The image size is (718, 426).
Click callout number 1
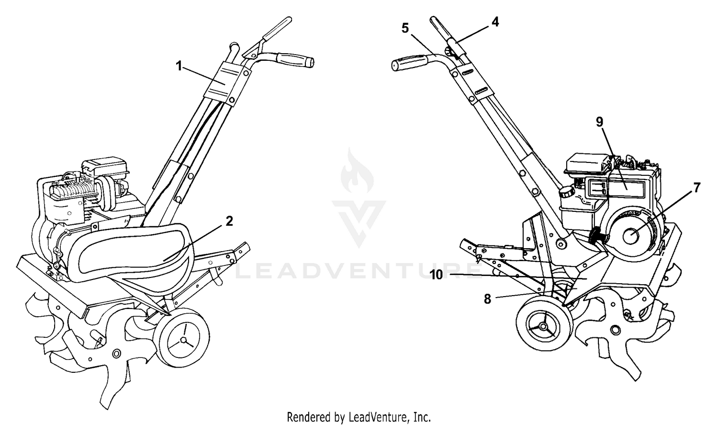[x=179, y=67]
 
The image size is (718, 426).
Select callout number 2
[x=229, y=221]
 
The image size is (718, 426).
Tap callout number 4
[x=495, y=22]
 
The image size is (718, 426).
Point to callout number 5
[x=405, y=28]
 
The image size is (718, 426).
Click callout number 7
[x=697, y=188]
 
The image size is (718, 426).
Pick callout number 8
[x=487, y=299]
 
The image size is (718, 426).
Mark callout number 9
[x=599, y=122]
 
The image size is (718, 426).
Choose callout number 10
[x=437, y=275]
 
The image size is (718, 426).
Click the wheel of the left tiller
[x=181, y=338]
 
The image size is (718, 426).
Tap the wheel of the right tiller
[x=544, y=326]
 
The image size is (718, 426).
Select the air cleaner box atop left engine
[x=105, y=167]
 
